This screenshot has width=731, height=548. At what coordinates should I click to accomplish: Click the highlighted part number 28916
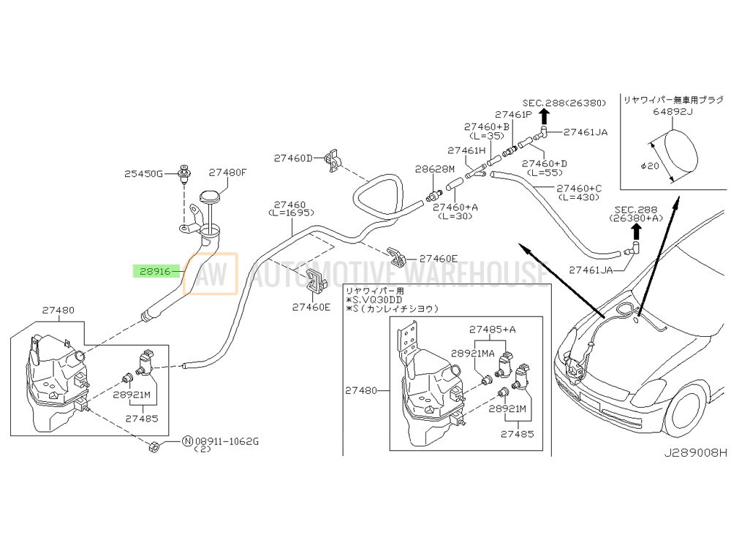tap(151, 271)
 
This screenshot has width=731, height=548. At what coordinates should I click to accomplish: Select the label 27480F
tap(228, 173)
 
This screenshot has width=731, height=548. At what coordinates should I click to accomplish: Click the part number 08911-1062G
tap(225, 441)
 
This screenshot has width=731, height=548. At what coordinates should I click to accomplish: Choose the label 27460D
tap(293, 158)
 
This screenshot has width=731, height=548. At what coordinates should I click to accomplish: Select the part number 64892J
tap(674, 113)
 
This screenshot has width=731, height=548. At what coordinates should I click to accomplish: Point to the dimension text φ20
tap(649, 167)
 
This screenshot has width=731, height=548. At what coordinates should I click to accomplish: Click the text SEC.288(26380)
tap(564, 103)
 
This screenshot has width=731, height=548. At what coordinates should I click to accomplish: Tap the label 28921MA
tap(472, 353)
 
